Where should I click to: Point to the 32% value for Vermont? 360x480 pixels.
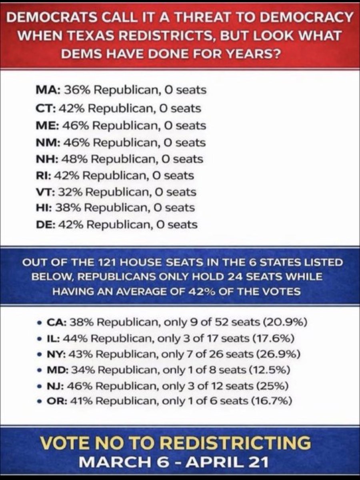point(71,192)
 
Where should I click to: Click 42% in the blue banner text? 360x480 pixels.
point(194,291)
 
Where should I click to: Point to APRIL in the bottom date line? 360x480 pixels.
point(216,462)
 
